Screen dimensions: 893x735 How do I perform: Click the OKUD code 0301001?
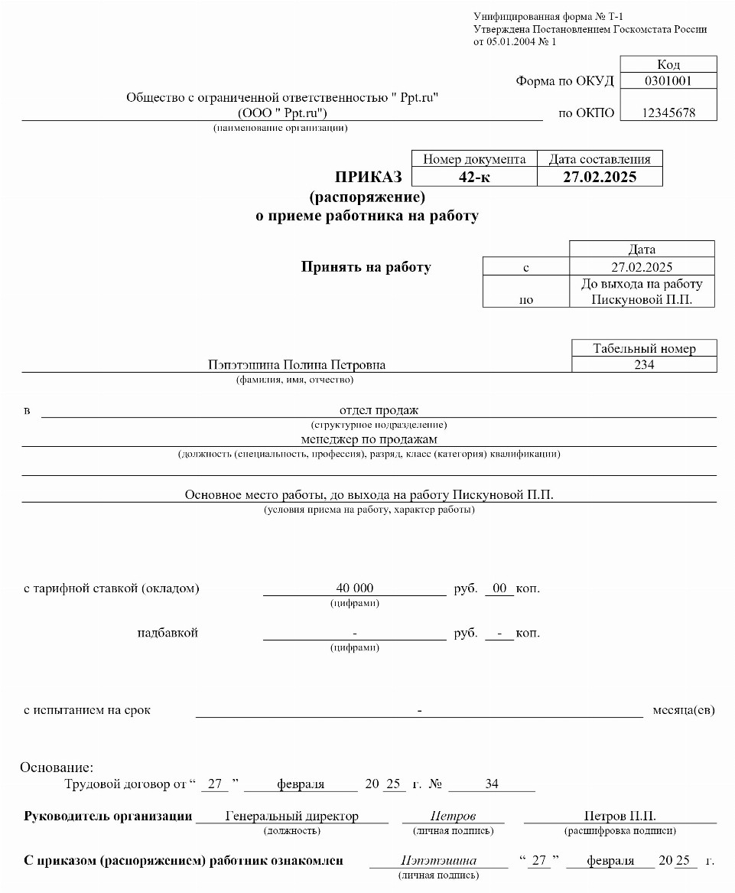(x=668, y=80)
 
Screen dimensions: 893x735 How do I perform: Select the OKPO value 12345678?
(x=668, y=112)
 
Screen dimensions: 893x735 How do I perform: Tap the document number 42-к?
(x=473, y=177)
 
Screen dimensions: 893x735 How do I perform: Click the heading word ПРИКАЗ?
(x=367, y=178)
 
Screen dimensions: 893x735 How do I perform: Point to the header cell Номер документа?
(x=474, y=159)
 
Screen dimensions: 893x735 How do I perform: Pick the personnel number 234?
(x=644, y=365)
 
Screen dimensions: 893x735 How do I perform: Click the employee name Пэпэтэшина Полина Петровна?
(x=297, y=365)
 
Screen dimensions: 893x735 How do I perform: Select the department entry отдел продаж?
(x=379, y=411)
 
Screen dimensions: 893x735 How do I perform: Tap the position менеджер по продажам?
(x=369, y=439)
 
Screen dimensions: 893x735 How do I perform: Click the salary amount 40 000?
(x=355, y=588)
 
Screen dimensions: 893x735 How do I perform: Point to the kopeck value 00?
(x=499, y=588)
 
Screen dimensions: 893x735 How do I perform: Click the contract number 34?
(x=491, y=784)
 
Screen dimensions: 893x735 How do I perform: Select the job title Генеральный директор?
(x=291, y=816)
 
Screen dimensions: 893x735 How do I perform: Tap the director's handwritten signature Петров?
(x=453, y=816)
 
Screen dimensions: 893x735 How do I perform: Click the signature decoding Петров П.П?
(x=620, y=816)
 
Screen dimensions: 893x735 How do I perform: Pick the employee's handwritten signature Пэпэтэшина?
(x=438, y=861)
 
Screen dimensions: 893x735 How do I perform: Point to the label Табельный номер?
(x=644, y=349)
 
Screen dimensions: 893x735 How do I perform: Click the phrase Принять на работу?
(x=366, y=267)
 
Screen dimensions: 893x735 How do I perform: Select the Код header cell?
(x=668, y=64)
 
